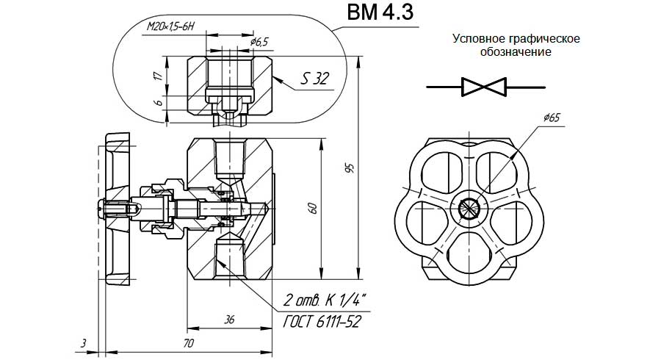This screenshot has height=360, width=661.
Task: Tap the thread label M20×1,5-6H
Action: coord(170,26)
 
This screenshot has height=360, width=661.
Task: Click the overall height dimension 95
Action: coord(350,168)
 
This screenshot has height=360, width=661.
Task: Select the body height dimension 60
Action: coord(314,208)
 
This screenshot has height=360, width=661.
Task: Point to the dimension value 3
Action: coord(84,342)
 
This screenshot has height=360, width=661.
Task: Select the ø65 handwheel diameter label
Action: coord(553,117)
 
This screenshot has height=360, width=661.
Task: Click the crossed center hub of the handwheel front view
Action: coord(469,209)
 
